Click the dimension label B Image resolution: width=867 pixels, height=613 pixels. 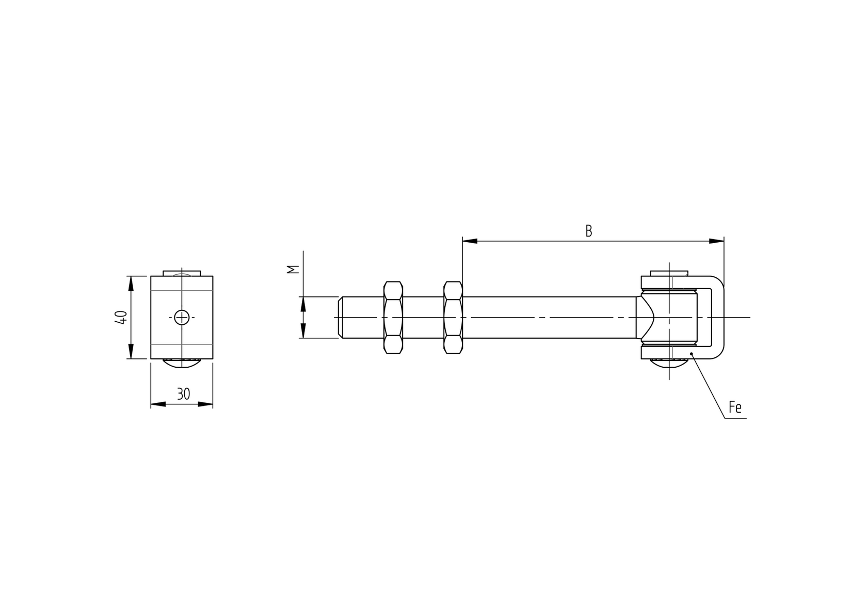(588, 231)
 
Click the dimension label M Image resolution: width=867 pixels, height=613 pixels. (292, 269)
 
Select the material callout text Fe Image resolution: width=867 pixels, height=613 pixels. (735, 407)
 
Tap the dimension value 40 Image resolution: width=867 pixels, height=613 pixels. (121, 317)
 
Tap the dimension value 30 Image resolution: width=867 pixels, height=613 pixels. (183, 394)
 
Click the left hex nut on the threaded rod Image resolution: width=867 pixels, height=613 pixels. (393, 318)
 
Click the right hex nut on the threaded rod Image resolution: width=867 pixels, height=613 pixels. (453, 318)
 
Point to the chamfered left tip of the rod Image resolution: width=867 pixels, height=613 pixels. (341, 318)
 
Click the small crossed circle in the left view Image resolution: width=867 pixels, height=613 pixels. (182, 317)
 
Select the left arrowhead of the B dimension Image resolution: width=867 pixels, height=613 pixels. (469, 241)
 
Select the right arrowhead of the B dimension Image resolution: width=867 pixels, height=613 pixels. (717, 241)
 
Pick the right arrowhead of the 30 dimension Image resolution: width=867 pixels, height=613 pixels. (206, 404)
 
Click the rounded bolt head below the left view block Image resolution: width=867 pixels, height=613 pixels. (182, 363)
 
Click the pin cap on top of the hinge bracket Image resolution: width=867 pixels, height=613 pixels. (669, 273)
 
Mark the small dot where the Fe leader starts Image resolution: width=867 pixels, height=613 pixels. (692, 354)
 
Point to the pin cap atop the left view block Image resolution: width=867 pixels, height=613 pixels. (182, 273)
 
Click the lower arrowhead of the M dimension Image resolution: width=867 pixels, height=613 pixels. (303, 332)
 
